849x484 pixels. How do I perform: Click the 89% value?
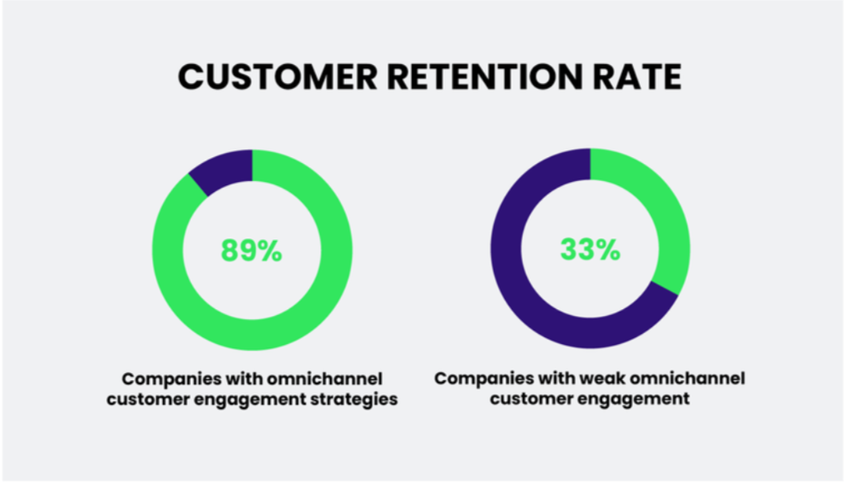[252, 250]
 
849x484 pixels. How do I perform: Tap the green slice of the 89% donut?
[253, 333]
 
